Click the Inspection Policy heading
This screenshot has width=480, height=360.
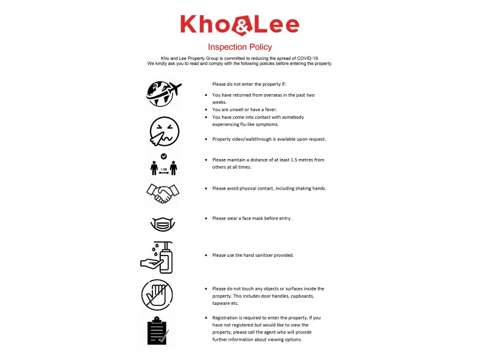coord(239,47)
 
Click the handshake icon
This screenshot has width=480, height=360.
coord(163,193)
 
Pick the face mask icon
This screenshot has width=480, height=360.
coord(163,224)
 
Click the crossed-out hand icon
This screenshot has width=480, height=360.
coord(158,295)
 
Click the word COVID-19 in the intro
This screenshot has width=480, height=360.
coord(304,58)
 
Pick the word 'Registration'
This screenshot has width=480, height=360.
coord(227,317)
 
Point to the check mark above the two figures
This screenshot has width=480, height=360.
coord(164,156)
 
